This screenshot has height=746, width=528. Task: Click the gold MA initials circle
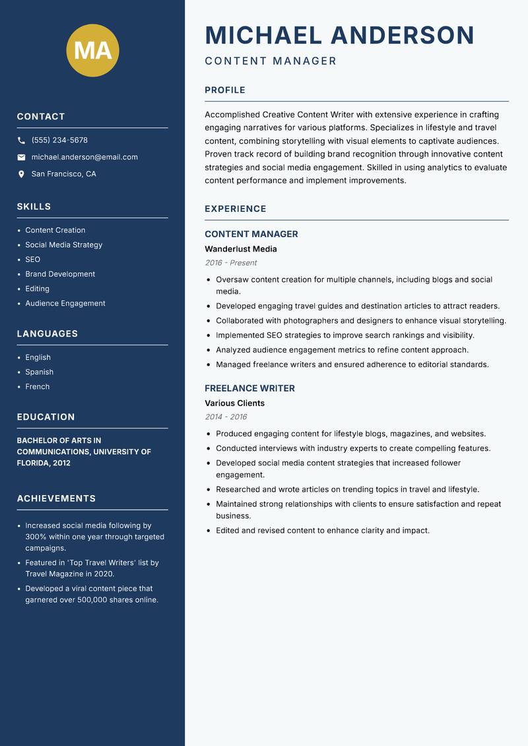pos(93,50)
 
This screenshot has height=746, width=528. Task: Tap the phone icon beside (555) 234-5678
pos(21,141)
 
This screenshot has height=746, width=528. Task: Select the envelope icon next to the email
pos(21,157)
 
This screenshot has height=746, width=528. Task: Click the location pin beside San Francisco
pos(21,174)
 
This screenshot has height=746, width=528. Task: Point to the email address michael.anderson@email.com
pos(84,157)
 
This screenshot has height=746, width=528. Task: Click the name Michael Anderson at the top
pos(339,35)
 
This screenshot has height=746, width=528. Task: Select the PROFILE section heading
pos(225,90)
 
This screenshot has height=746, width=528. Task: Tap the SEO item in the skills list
pos(33,259)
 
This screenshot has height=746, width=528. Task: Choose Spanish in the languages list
pos(40,372)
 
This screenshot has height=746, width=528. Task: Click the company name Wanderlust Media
pos(241,249)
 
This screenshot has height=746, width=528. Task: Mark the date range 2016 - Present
pos(231,263)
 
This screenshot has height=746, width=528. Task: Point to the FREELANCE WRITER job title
pos(249,388)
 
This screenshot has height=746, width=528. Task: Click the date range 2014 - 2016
pos(226,417)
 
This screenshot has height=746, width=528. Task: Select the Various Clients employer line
pos(234,403)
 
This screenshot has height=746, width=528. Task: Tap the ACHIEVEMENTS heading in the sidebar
pos(56,498)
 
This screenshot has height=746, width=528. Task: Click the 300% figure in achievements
pos(36,537)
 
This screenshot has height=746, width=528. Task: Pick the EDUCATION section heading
pos(46,417)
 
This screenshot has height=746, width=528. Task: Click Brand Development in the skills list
pos(60,274)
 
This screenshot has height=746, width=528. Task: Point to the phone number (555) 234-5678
pos(59,140)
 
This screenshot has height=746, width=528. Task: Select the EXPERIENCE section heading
pos(236,209)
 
